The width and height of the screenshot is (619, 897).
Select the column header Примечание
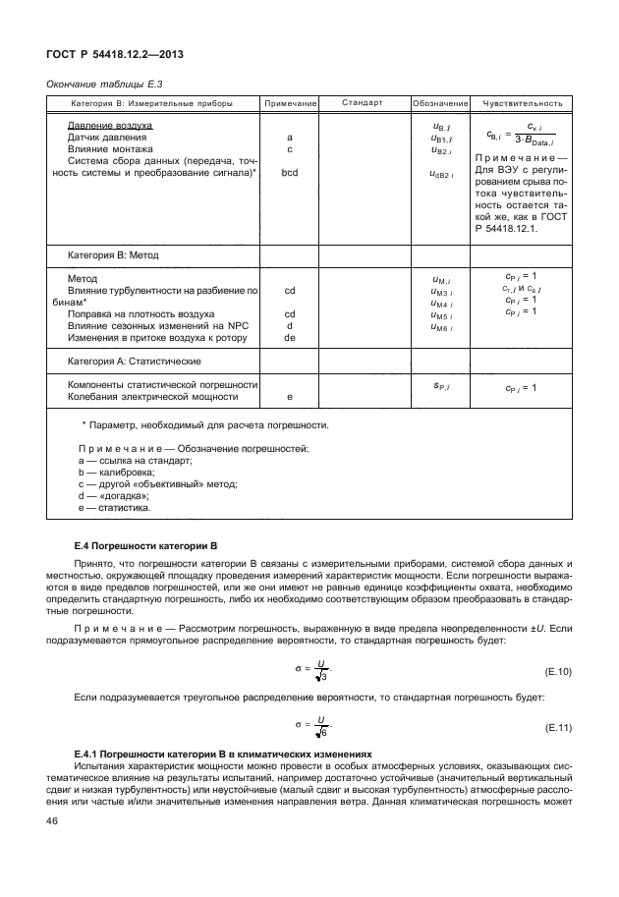290,103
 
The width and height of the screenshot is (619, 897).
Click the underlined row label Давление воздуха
110,127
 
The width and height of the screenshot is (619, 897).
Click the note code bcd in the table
290,173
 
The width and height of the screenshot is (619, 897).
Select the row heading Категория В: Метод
113,254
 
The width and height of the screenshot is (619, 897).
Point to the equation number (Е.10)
557,673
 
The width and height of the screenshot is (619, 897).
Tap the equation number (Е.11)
557,728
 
